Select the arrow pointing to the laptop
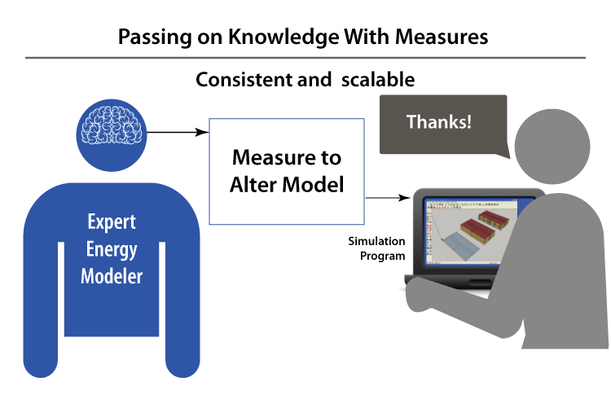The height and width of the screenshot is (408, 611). (x=387, y=196)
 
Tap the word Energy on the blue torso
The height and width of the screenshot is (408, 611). (x=112, y=249)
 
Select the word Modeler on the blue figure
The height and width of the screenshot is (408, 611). (x=112, y=276)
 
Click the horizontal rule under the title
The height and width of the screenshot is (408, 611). (x=305, y=58)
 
